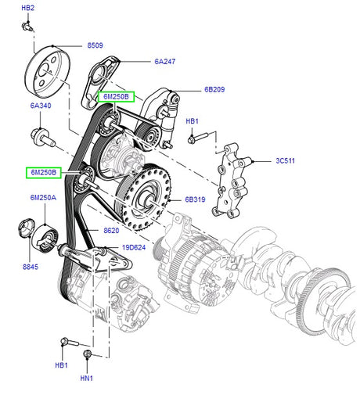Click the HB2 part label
[27, 8]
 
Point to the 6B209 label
[214, 90]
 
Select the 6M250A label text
[44, 199]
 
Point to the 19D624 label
[133, 247]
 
